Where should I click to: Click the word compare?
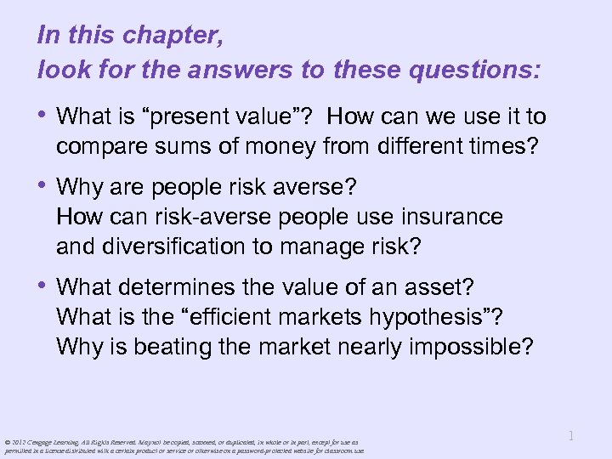point(103,147)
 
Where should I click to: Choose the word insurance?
point(444,217)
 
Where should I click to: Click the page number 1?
point(571,436)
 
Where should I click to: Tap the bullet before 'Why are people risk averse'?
point(44,186)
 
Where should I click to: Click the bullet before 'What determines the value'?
point(44,286)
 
